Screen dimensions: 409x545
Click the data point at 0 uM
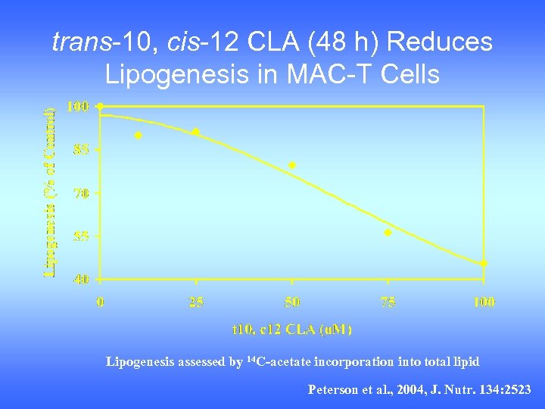pyautogui.click(x=100, y=107)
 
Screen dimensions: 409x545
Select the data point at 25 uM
pyautogui.click(x=196, y=132)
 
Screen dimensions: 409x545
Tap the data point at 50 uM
pyautogui.click(x=292, y=165)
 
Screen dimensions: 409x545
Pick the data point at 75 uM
pyautogui.click(x=388, y=233)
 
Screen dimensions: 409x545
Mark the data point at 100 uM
pyautogui.click(x=484, y=264)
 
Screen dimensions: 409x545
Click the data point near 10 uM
pyautogui.click(x=139, y=136)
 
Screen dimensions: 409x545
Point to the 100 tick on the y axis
pyautogui.click(x=78, y=107)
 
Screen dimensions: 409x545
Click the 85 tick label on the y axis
pyautogui.click(x=81, y=150)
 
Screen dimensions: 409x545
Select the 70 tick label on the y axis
pyautogui.click(x=81, y=193)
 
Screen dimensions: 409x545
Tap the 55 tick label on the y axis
pyautogui.click(x=81, y=236)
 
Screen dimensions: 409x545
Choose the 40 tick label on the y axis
pyautogui.click(x=81, y=279)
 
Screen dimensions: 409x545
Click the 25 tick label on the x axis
pyautogui.click(x=196, y=302)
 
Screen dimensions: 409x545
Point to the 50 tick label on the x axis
pyautogui.click(x=292, y=302)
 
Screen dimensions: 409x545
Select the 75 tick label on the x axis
pyautogui.click(x=388, y=302)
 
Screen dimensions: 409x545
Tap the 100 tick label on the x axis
pyautogui.click(x=484, y=302)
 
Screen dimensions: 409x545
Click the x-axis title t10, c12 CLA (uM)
pyautogui.click(x=291, y=329)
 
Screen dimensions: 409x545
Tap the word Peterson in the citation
pyautogui.click(x=332, y=389)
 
